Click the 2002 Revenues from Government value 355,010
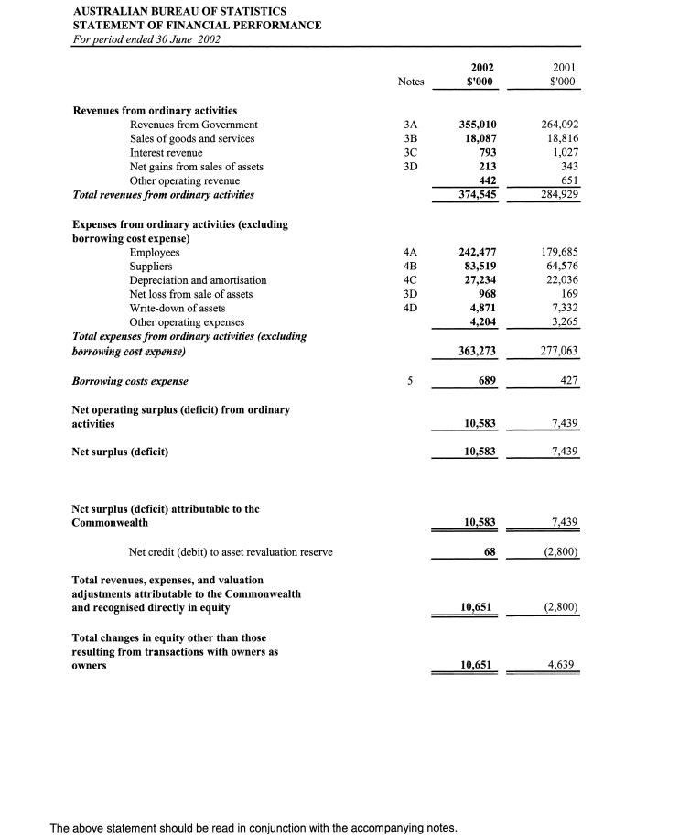point(476,125)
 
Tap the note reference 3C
point(410,152)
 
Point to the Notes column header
point(411,82)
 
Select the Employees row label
point(155,252)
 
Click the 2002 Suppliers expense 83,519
point(478,266)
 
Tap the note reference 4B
point(410,266)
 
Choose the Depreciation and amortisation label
point(198,280)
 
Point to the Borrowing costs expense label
point(130,381)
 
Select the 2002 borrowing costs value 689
point(484,381)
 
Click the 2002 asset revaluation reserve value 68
point(490,551)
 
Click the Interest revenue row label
point(166,152)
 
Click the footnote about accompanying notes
point(253,828)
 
